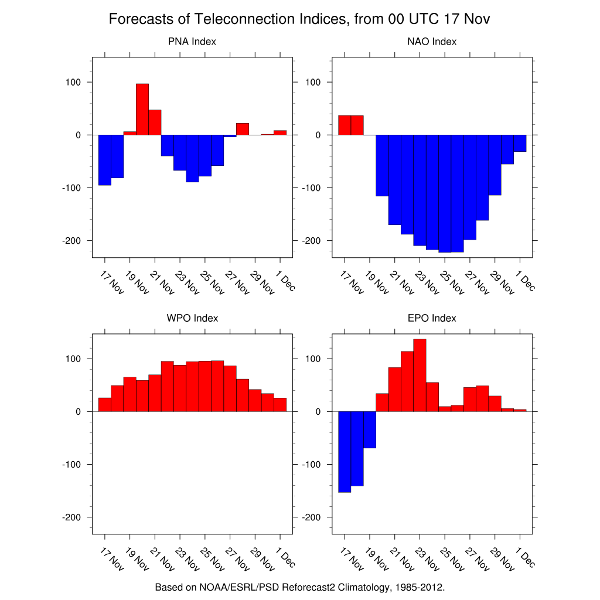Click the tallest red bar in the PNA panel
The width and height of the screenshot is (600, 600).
click(142, 109)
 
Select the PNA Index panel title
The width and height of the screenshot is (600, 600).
click(192, 42)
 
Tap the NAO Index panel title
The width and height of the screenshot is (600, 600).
click(432, 42)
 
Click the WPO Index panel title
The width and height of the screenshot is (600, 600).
click(192, 318)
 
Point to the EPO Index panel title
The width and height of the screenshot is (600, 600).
click(432, 318)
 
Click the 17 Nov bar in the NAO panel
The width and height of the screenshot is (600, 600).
click(345, 125)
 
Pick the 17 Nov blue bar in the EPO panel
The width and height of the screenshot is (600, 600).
click(345, 451)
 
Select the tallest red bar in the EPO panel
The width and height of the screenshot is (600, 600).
click(420, 375)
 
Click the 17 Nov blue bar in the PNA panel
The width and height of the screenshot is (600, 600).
click(105, 159)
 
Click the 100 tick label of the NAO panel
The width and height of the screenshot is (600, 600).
click(313, 82)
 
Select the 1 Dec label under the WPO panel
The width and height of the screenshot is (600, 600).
click(285, 558)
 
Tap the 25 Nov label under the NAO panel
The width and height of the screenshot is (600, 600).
click(449, 283)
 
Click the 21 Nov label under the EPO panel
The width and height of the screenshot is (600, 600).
click(400, 560)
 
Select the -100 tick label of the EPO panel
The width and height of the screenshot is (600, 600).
click(313, 465)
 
